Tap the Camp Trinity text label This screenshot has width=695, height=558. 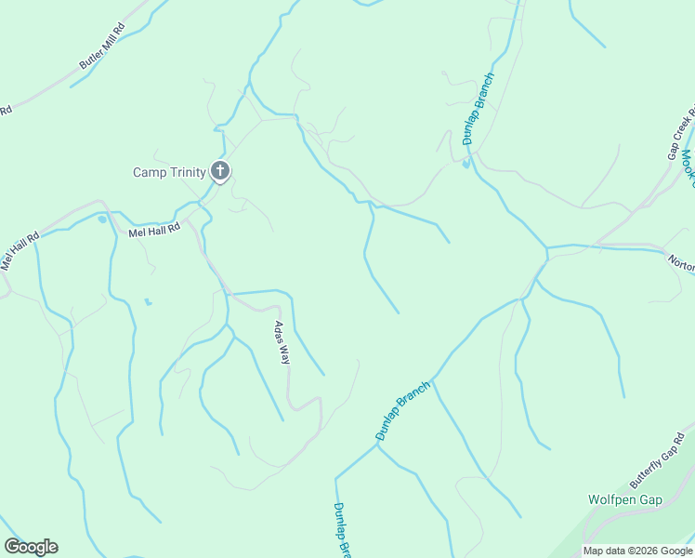point(168,172)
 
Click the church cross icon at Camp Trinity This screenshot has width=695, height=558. point(220,170)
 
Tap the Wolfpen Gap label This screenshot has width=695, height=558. point(624,499)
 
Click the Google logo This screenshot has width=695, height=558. point(31,547)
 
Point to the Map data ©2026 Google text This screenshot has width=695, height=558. point(637,551)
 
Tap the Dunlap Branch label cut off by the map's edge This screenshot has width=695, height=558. point(341,530)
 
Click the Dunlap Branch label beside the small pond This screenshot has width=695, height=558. point(478,109)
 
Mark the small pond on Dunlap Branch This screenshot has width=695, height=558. point(466,166)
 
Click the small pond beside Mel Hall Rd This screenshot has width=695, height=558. point(102,219)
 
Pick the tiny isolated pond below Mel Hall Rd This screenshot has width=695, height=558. point(147,302)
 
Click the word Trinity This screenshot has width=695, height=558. point(185,172)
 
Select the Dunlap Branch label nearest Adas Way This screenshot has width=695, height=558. point(402,410)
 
